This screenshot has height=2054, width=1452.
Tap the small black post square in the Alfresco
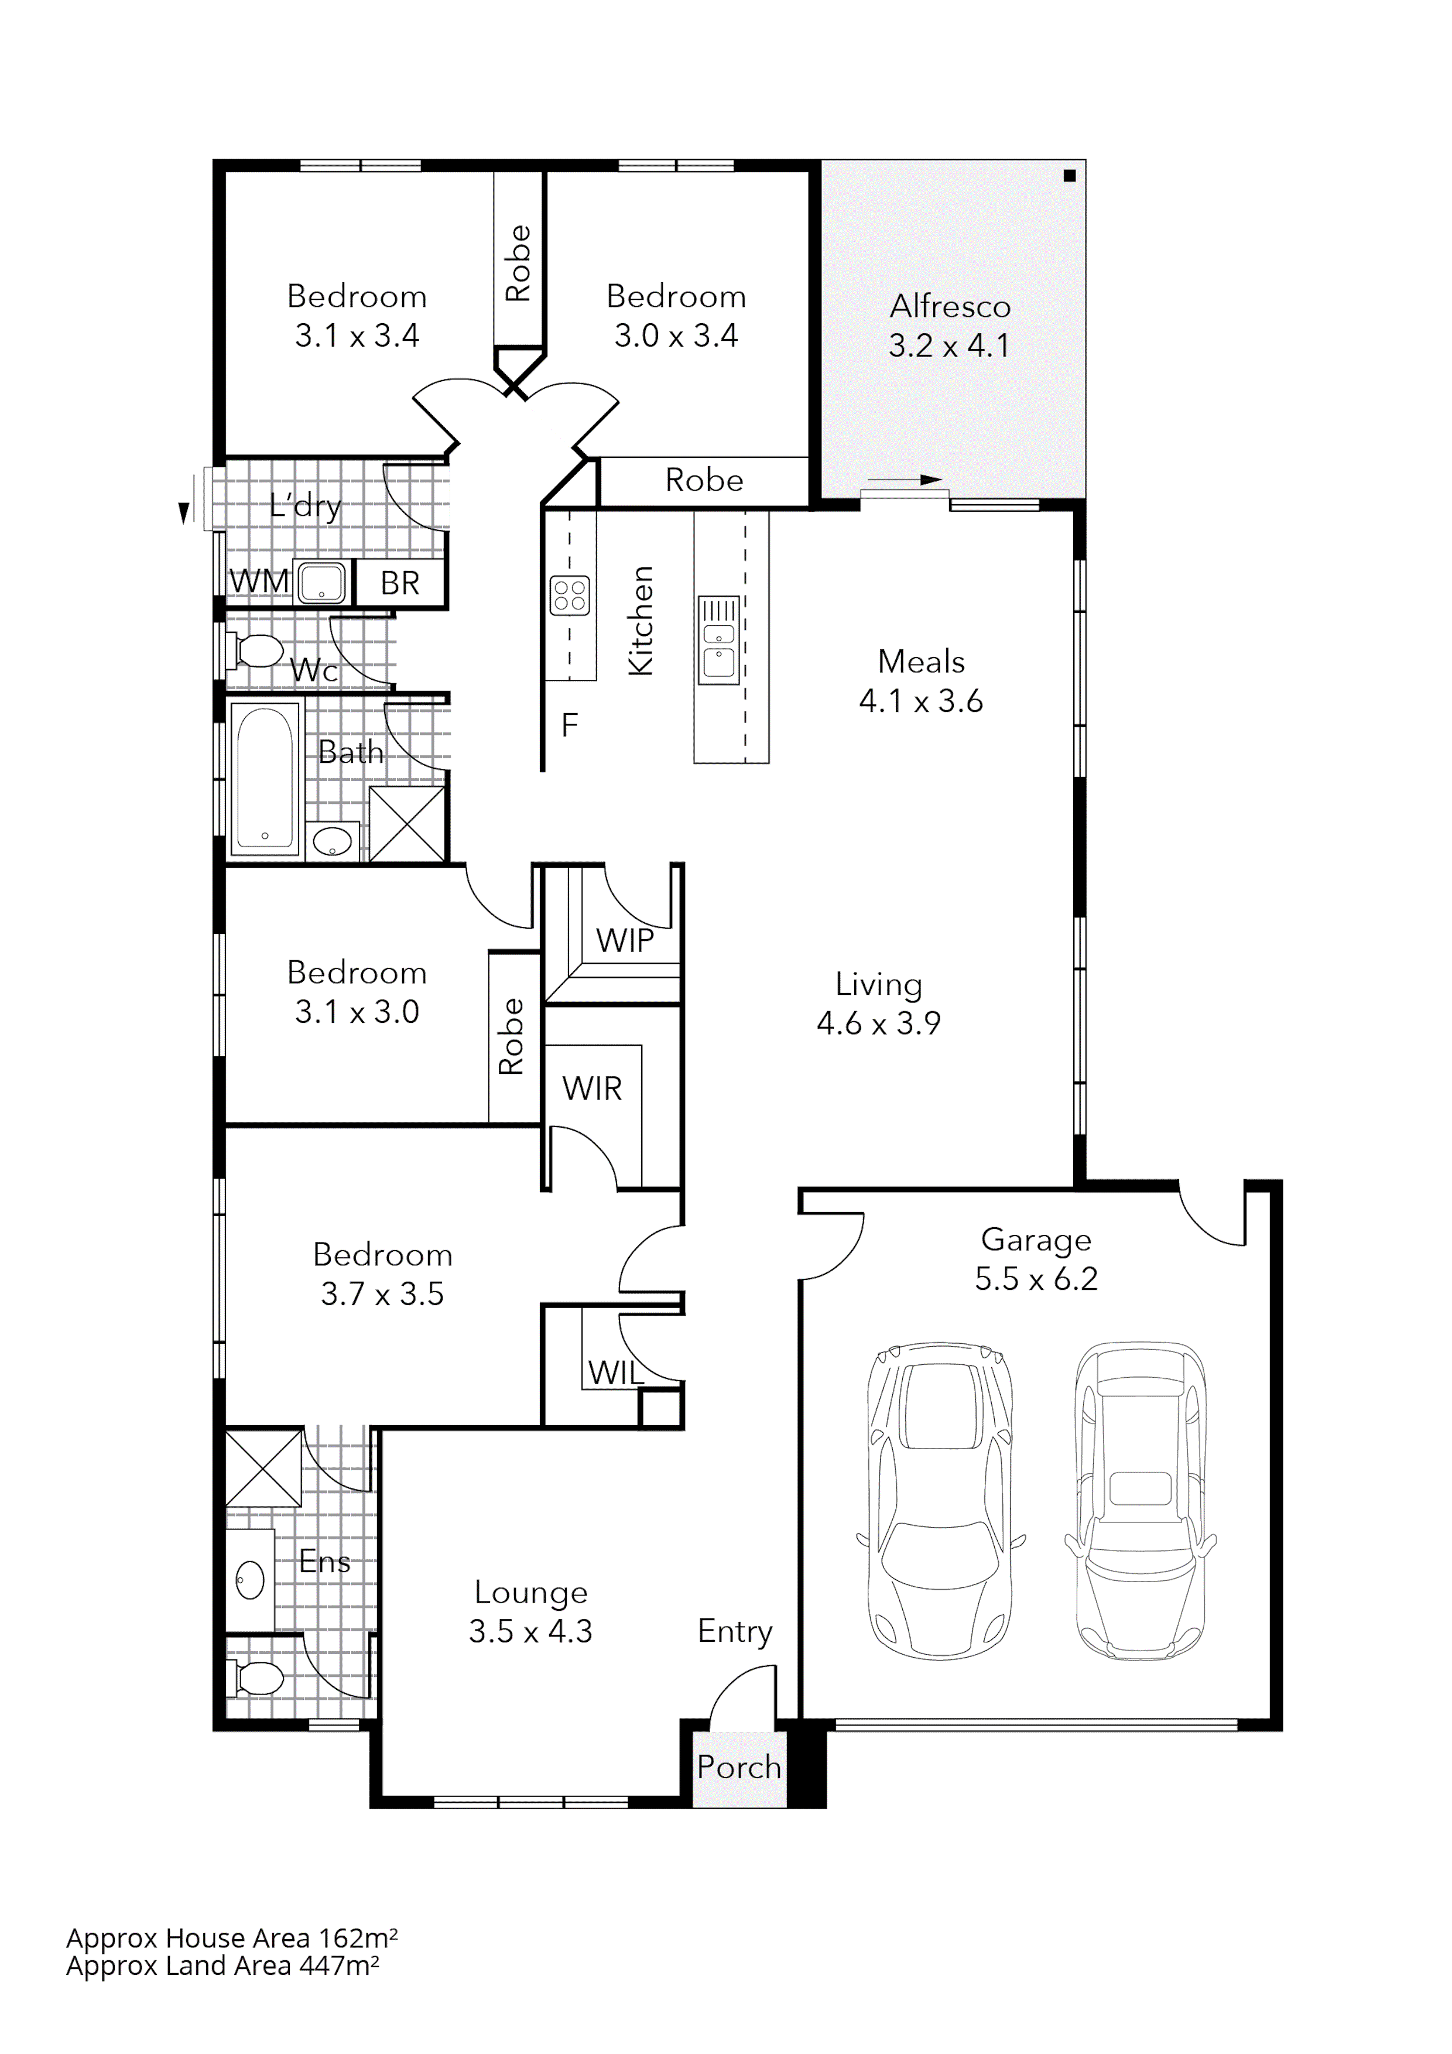pyautogui.click(x=1069, y=176)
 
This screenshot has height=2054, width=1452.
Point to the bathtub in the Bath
pyautogui.click(x=264, y=778)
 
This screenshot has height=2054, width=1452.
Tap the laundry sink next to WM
pyautogui.click(x=321, y=583)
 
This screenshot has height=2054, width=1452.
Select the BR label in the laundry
pyautogui.click(x=400, y=583)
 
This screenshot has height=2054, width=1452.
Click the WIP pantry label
pyautogui.click(x=625, y=940)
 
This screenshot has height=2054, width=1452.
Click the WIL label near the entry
pyautogui.click(x=615, y=1372)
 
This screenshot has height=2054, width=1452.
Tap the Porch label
pyautogui.click(x=739, y=1768)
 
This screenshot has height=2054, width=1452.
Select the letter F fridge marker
pyautogui.click(x=569, y=725)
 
